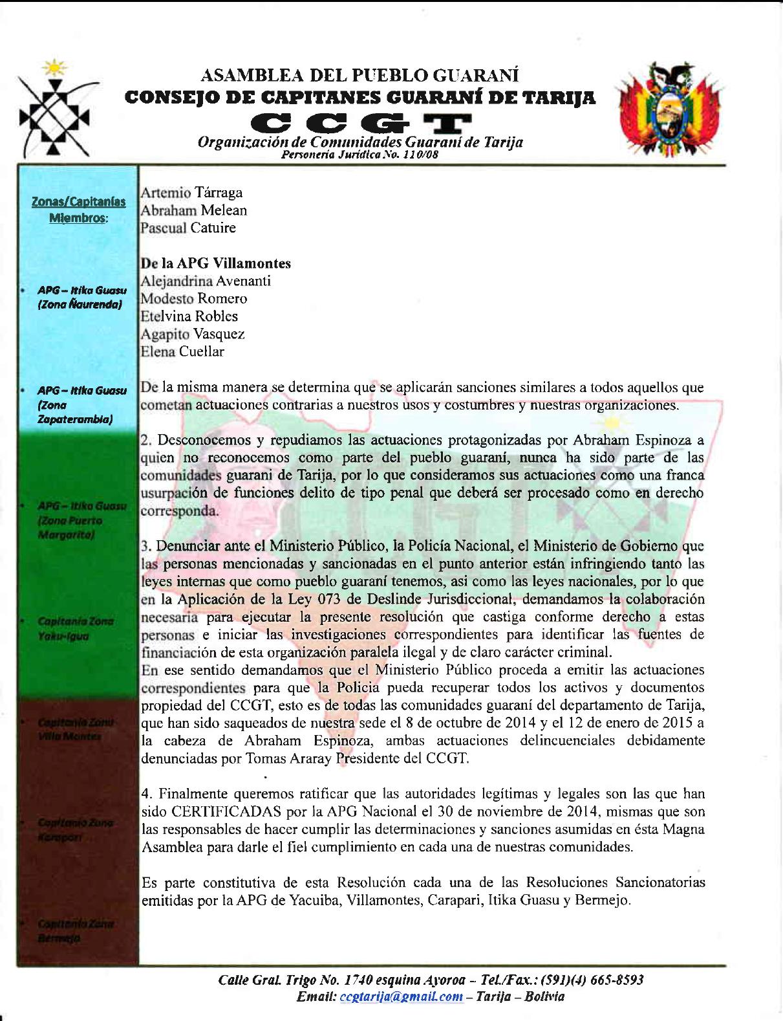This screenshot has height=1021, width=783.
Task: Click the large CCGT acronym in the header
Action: pyautogui.click(x=361, y=122)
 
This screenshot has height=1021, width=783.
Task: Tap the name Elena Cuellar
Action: pyautogui.click(x=182, y=352)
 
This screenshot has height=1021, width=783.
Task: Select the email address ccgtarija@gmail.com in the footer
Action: pyautogui.click(x=399, y=996)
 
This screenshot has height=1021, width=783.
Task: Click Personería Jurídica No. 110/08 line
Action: pyautogui.click(x=360, y=155)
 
